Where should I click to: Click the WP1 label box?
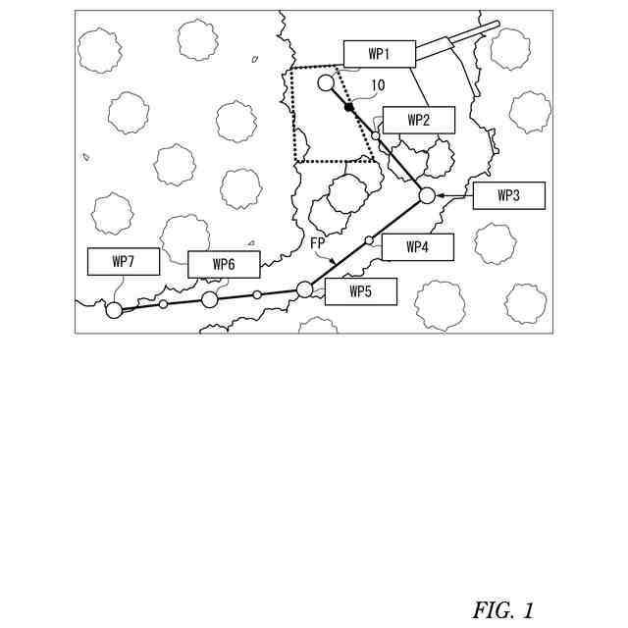point(380,54)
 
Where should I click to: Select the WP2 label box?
point(419,120)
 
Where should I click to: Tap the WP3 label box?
point(507,195)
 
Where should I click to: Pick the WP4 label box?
point(417,247)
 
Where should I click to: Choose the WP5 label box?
point(360,291)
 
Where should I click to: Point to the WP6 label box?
point(224,264)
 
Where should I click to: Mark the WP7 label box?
point(123,261)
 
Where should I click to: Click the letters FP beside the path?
point(318,241)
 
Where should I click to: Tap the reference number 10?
point(378,86)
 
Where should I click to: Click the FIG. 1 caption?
point(502,609)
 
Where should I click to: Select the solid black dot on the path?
point(349,106)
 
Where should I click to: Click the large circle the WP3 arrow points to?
point(427,195)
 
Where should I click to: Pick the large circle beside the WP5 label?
point(304,289)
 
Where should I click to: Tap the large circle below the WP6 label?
point(210,299)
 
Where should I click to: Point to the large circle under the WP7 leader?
point(114,310)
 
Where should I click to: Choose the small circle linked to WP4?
point(369,240)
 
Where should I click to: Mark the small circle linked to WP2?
point(376,135)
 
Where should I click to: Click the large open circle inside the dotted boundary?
point(326,82)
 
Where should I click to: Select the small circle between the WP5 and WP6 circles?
point(257,294)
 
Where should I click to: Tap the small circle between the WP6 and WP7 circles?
point(163,304)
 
